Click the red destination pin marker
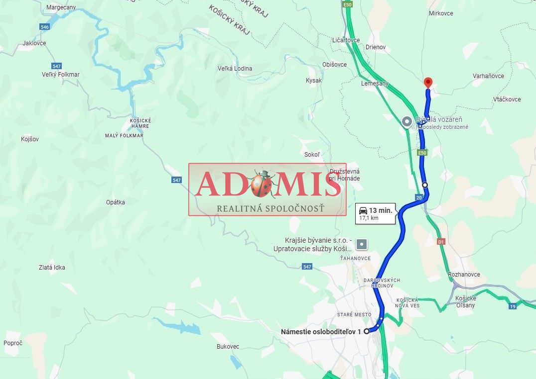(x=427, y=83)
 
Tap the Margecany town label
(x=60, y=7)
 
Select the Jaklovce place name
(x=34, y=43)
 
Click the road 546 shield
(x=45, y=27)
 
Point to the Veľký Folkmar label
(x=61, y=75)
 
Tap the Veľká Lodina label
(x=235, y=69)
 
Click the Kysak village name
(x=314, y=80)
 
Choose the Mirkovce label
(x=441, y=13)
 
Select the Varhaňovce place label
(x=488, y=76)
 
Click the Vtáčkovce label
(x=507, y=99)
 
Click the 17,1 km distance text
(x=369, y=218)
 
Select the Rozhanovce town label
(x=464, y=275)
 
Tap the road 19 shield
(x=513, y=306)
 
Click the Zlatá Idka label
(x=52, y=268)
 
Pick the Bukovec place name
(x=228, y=346)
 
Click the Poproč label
(x=13, y=343)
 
